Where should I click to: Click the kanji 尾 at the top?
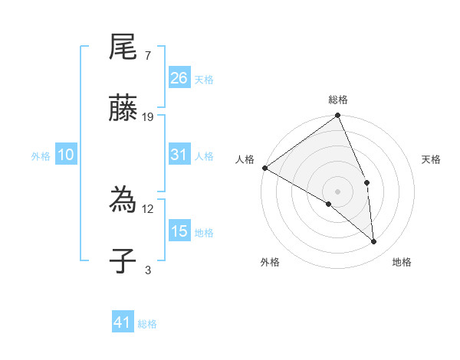coord(123,49)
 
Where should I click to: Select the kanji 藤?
coord(123,109)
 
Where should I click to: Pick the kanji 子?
coord(123,261)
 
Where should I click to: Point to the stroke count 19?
coord(148,117)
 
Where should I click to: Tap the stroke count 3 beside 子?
coord(147,270)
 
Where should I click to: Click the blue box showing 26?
coord(179,78)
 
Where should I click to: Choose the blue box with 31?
coord(179,155)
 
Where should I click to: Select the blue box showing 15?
coord(179,231)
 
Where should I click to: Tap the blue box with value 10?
coord(66,155)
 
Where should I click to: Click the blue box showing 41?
coord(123,322)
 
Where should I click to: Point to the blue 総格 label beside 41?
coord(147,324)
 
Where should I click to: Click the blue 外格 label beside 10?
coord(41,156)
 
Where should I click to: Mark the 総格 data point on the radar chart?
coord(338,116)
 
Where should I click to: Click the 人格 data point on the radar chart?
coord(264,168)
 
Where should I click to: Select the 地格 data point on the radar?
coord(374,242)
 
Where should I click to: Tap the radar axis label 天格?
coord(432,159)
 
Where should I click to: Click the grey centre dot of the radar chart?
coord(337,191)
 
